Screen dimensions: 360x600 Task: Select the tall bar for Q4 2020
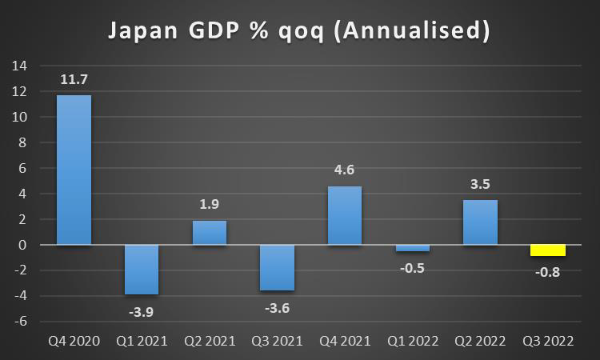pyautogui.click(x=74, y=170)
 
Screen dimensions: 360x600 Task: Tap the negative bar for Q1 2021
pyautogui.click(x=142, y=270)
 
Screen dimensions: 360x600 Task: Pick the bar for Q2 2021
pyautogui.click(x=210, y=233)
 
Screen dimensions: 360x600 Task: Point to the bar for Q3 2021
pyautogui.click(x=278, y=267)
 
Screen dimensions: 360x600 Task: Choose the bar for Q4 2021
pyautogui.click(x=345, y=215)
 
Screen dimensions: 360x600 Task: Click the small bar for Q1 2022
pyautogui.click(x=413, y=248)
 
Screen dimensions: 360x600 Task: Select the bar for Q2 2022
pyautogui.click(x=480, y=222)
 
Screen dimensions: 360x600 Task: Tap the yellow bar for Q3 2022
pyautogui.click(x=548, y=250)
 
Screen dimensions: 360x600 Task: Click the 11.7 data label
pyautogui.click(x=74, y=79)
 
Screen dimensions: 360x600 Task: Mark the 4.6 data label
pyautogui.click(x=345, y=170)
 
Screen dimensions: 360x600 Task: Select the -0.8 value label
pyautogui.click(x=548, y=273)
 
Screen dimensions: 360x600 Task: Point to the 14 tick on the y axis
pyautogui.click(x=20, y=66)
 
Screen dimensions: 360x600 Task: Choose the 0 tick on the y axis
pyautogui.click(x=23, y=245)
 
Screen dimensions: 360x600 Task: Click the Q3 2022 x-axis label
pyautogui.click(x=548, y=342)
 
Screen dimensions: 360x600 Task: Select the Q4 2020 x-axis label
pyautogui.click(x=74, y=342)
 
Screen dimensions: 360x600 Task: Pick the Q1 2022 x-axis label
pyautogui.click(x=413, y=342)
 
